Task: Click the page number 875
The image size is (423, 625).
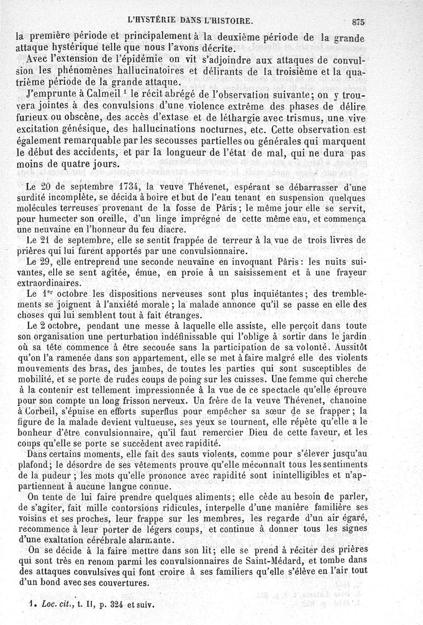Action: click(358, 22)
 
